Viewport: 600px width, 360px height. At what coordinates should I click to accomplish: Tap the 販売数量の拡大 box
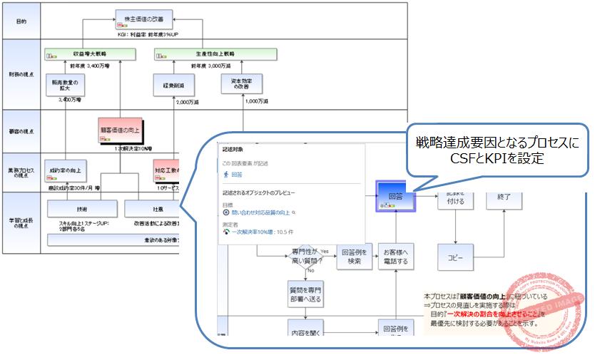(x=64, y=85)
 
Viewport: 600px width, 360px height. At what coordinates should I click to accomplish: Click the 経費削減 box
(x=173, y=85)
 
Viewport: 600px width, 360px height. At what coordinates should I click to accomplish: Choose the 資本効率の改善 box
(x=240, y=85)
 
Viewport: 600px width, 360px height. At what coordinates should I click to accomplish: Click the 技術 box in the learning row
(x=82, y=209)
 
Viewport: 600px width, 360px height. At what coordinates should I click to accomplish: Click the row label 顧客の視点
(x=21, y=130)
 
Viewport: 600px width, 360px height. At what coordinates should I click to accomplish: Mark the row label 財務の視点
(x=21, y=75)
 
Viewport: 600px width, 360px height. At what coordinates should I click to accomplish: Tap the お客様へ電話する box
(x=396, y=256)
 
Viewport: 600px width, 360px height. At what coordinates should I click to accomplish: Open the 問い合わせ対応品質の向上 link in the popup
(x=261, y=212)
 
